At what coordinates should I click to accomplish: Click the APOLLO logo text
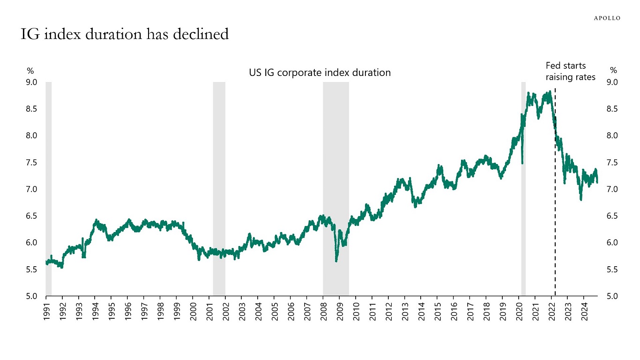pos(607,18)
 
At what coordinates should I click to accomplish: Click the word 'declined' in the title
pos(201,34)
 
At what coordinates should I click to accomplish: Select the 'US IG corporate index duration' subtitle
pos(320,73)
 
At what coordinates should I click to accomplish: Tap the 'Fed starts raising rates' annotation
pos(570,71)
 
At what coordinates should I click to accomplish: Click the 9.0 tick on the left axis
pos(31,82)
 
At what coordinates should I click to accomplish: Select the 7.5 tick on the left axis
pos(31,163)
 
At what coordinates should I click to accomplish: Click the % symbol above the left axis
pos(30,71)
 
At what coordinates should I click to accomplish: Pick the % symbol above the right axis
pos(613,71)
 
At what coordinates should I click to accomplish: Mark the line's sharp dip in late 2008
pos(336,260)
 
